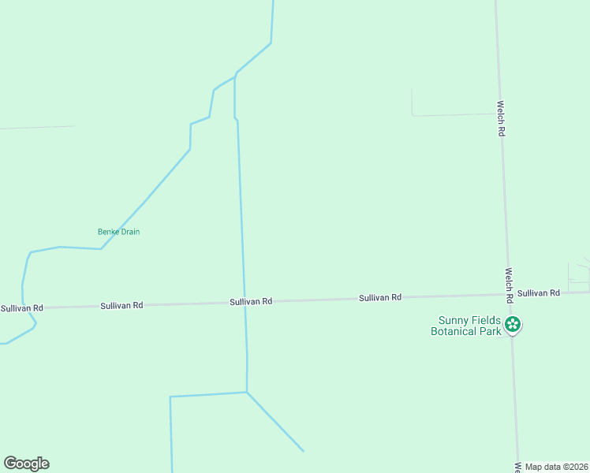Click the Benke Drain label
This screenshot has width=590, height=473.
click(118, 232)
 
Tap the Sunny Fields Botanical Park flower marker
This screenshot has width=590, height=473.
click(513, 324)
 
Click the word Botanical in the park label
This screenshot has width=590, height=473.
click(452, 331)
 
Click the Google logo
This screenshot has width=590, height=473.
click(26, 464)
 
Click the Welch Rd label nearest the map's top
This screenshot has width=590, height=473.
click(500, 118)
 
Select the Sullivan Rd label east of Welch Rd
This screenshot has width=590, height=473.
click(539, 292)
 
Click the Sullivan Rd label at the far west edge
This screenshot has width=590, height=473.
click(21, 307)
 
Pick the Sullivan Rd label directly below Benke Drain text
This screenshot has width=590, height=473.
click(121, 305)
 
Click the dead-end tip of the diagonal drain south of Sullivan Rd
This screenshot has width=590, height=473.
click(303, 451)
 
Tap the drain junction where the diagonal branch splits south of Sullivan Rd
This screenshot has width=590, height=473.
click(247, 392)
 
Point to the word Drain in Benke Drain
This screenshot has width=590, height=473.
click(129, 232)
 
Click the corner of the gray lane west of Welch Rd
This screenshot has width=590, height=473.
click(413, 115)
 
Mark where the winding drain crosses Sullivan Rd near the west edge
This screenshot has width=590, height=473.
click(26, 307)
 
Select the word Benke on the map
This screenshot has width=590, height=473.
click(107, 232)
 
